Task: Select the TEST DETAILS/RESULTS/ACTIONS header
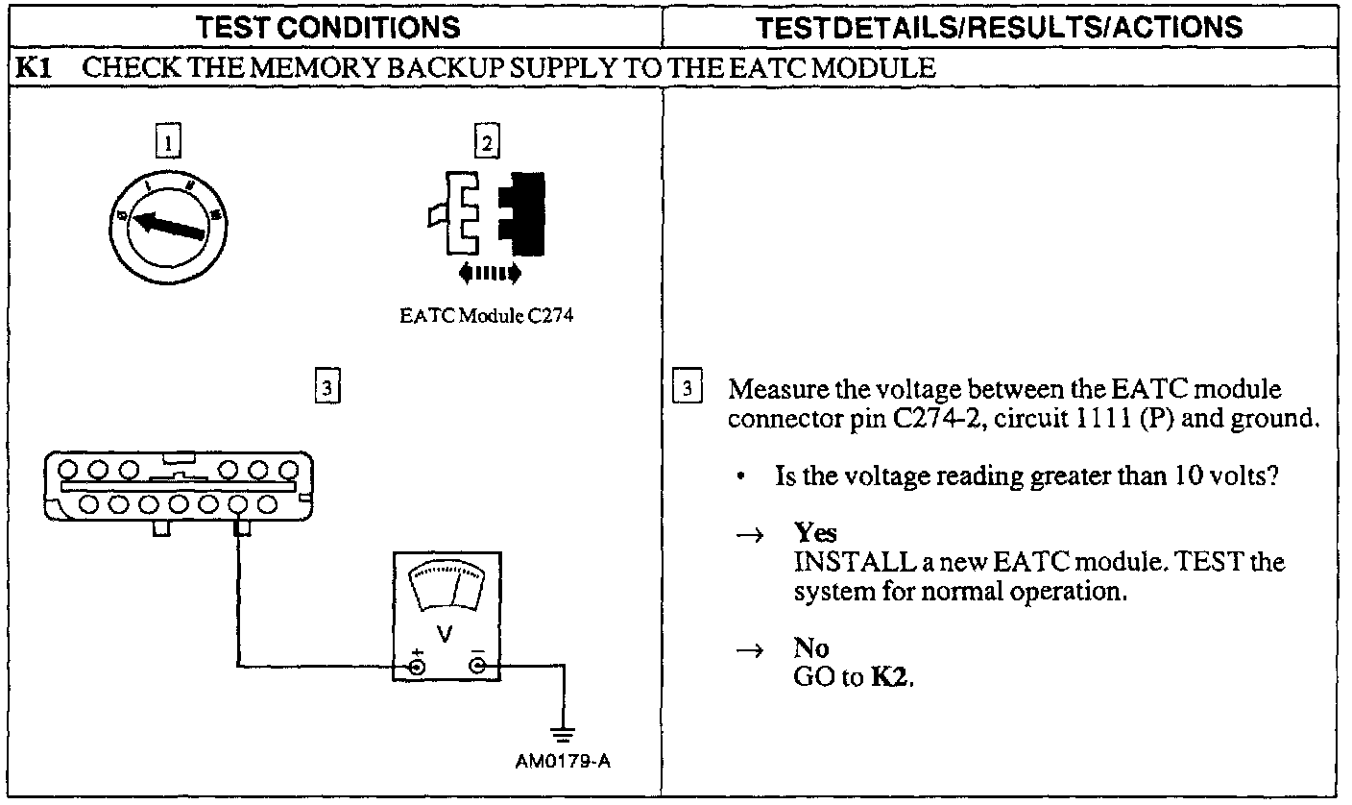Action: click(1000, 26)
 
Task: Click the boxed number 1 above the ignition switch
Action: click(169, 144)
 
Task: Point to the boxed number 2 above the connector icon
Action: click(488, 144)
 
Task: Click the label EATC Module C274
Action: click(486, 315)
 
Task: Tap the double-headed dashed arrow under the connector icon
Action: click(490, 275)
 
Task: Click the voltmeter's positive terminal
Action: click(418, 666)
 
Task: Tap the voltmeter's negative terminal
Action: click(476, 666)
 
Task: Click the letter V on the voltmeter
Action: click(445, 635)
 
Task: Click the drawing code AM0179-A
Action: click(563, 763)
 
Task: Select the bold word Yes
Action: click(815, 534)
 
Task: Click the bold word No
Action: click(811, 648)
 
